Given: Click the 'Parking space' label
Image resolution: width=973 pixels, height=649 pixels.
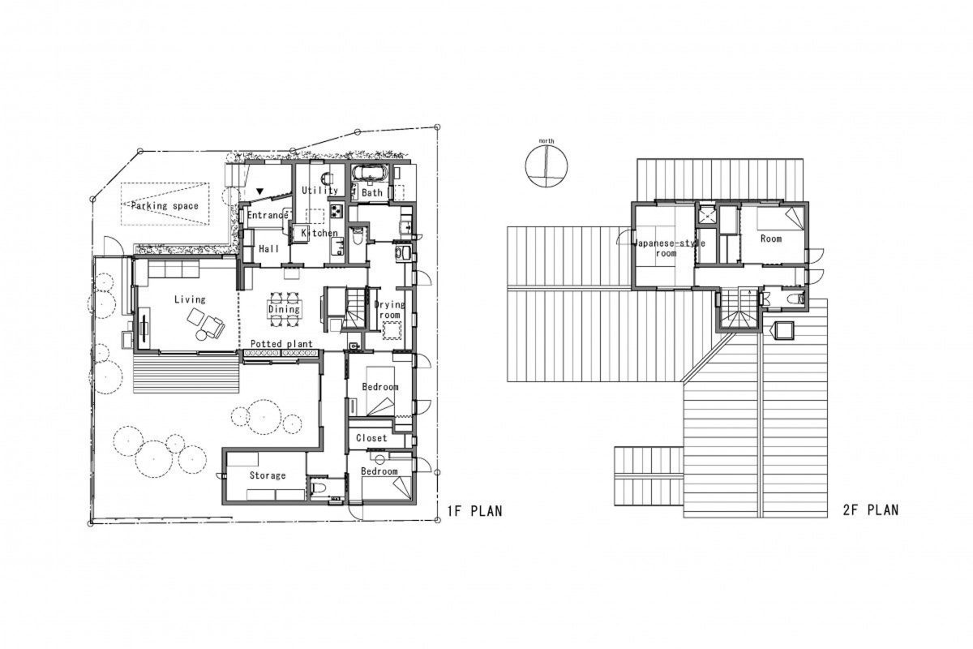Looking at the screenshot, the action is click(x=165, y=205).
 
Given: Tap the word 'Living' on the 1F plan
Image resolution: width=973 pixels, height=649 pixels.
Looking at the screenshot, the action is click(x=190, y=299).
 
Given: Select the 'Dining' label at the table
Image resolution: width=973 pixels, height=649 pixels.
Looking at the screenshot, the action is click(x=284, y=308).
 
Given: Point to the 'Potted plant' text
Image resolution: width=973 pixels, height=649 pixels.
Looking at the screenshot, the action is click(x=281, y=344).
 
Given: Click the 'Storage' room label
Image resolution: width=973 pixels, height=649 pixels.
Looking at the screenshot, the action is click(x=268, y=475).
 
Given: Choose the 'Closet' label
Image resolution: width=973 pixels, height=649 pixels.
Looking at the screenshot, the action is click(x=371, y=438).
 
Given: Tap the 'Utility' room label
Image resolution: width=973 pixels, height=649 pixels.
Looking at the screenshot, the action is click(x=320, y=191).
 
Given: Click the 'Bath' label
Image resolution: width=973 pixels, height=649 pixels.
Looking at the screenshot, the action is click(x=372, y=192).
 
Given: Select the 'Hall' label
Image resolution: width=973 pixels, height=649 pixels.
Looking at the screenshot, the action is click(x=269, y=248).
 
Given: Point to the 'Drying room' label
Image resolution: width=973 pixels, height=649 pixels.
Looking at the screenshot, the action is click(x=390, y=309).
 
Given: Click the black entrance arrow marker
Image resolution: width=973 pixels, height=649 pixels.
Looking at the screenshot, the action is click(x=260, y=191).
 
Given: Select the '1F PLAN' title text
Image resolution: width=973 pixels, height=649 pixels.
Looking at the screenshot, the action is click(x=475, y=511).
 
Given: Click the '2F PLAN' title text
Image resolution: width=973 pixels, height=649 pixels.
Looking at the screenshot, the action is click(x=871, y=510).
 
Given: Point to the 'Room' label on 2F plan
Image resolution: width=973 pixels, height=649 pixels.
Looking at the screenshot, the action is click(x=771, y=239).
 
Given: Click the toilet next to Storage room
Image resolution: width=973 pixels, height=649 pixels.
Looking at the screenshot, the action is click(x=317, y=490).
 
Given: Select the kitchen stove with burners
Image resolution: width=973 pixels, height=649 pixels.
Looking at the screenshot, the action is click(x=336, y=212).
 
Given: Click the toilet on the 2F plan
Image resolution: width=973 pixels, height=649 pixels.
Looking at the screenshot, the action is click(x=798, y=299).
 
